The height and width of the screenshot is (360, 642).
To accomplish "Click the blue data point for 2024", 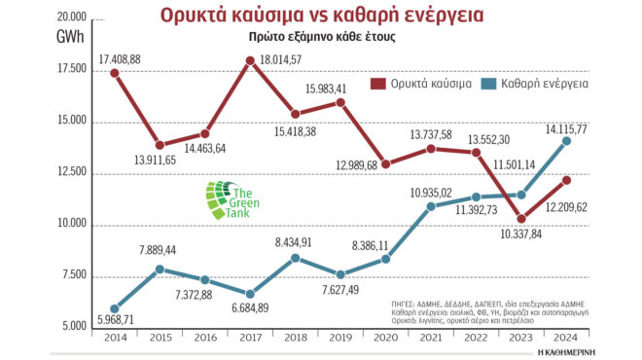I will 594,140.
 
